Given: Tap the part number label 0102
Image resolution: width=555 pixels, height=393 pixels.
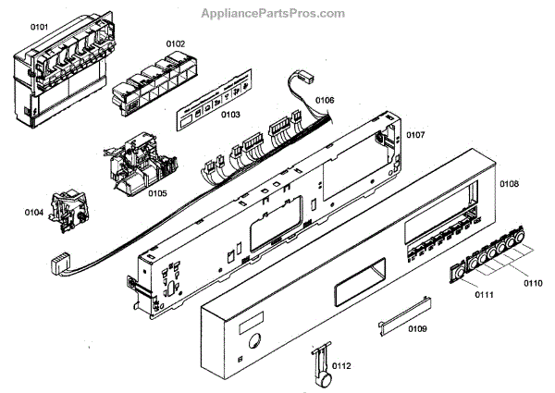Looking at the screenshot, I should (x=175, y=43).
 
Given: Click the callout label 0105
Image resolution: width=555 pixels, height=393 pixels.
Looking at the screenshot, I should (x=155, y=193).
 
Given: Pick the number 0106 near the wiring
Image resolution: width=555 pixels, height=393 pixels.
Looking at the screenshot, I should (x=324, y=100).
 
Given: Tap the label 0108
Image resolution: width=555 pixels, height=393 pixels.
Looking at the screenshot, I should (x=510, y=185).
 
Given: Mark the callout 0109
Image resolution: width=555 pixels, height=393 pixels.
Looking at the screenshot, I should (x=417, y=328).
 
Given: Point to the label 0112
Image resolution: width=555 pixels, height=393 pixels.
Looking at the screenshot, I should (x=341, y=367).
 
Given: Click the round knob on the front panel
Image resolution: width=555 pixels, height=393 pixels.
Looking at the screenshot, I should (x=252, y=340).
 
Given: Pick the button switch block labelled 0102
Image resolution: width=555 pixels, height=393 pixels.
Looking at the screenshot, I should (x=147, y=81).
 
